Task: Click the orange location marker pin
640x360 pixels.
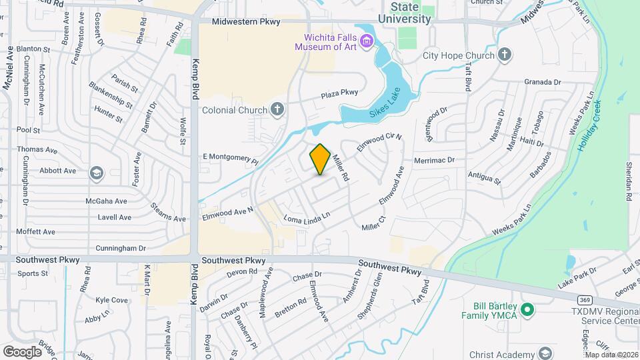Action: [x=321, y=159]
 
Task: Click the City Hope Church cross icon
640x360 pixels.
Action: [x=505, y=55]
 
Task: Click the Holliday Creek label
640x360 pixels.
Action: [x=589, y=125]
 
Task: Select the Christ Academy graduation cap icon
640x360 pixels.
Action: [x=545, y=353]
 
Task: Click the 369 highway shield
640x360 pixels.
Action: [x=565, y=301]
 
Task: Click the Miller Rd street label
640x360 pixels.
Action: [x=341, y=168]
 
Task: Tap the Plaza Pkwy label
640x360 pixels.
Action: [x=339, y=95]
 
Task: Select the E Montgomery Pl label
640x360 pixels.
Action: [x=230, y=158]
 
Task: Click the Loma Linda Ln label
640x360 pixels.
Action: [x=307, y=219]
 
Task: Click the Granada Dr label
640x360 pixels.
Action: [x=542, y=82]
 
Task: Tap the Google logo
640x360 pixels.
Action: [x=22, y=351]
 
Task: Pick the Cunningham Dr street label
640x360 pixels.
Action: [x=121, y=248]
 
